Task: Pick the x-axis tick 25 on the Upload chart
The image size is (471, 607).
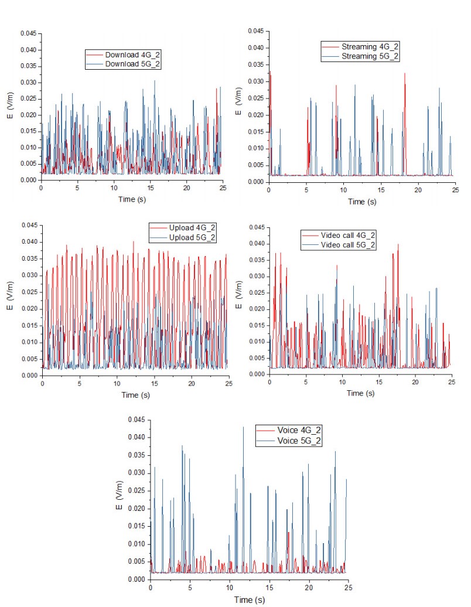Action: pyautogui.click(x=228, y=384)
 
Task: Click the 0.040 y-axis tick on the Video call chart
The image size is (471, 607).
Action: pyautogui.click(x=256, y=244)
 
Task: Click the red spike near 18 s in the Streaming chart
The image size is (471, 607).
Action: pyautogui.click(x=404, y=75)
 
